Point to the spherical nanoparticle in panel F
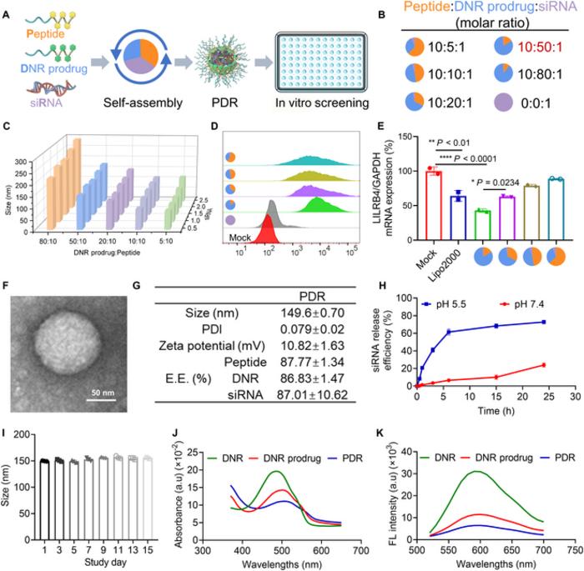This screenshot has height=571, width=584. [64, 332]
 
